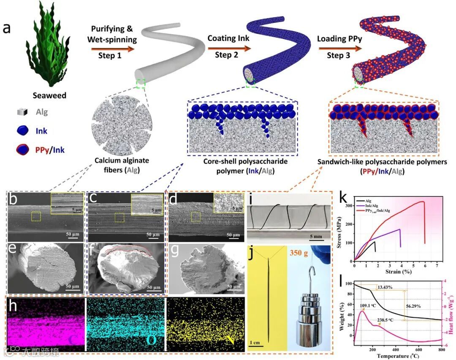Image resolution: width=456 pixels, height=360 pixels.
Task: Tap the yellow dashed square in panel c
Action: pyautogui.click(x=120, y=217)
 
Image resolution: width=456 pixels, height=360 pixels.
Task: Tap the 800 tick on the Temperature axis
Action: pyautogui.click(x=442, y=350)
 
